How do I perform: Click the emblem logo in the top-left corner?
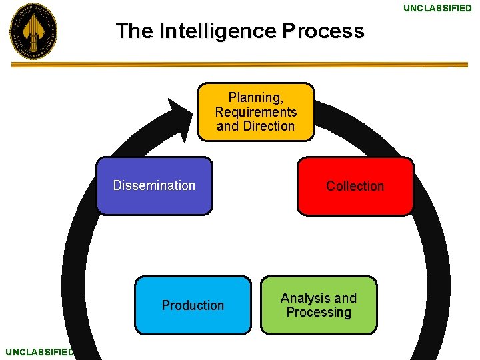[x=33, y=31]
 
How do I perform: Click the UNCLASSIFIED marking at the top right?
[x=437, y=8]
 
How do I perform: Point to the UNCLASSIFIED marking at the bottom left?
[x=38, y=352]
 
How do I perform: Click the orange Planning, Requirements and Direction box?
[x=255, y=111]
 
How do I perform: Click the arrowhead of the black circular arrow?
[x=179, y=116]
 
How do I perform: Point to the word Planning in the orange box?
[x=255, y=97]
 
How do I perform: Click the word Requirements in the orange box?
[x=255, y=112]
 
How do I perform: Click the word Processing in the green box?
[x=319, y=312]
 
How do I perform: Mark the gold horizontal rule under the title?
[x=240, y=65]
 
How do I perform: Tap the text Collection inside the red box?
[x=355, y=186]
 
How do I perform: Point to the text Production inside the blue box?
[x=193, y=305]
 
